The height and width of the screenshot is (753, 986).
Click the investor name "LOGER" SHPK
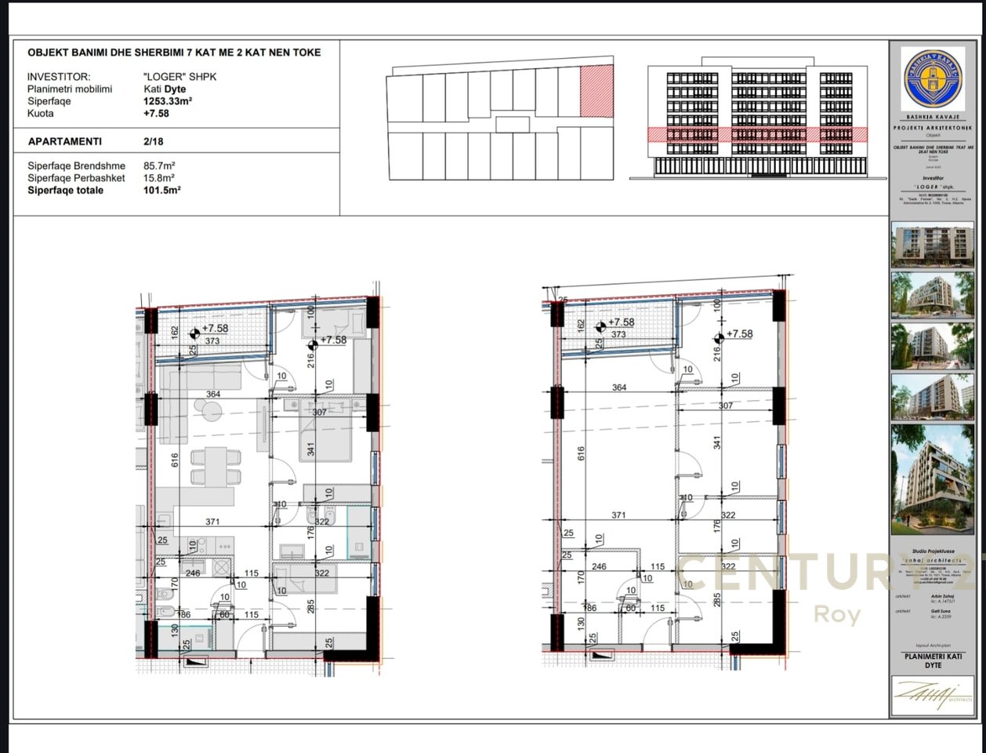(x=179, y=77)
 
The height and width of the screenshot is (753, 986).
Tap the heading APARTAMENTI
(x=64, y=142)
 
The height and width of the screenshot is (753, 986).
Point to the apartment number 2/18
(x=154, y=142)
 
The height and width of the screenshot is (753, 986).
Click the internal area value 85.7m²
(x=159, y=166)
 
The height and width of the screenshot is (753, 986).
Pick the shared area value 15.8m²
(x=159, y=178)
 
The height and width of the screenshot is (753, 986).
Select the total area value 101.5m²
(x=161, y=191)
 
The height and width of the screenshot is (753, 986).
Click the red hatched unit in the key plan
(x=594, y=92)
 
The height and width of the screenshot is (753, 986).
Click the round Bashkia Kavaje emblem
(x=932, y=78)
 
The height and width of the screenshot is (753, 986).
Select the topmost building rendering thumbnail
(x=932, y=245)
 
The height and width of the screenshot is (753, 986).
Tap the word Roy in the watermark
(x=838, y=613)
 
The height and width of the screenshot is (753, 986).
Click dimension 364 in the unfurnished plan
(x=619, y=387)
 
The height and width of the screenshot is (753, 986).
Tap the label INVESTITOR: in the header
(x=59, y=77)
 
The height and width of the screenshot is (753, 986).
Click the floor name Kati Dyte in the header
(x=165, y=89)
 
